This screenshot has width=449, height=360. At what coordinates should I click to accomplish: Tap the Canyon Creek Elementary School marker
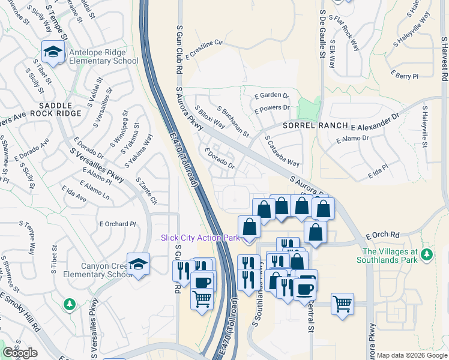[139, 265]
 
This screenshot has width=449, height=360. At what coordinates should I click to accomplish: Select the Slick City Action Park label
[200, 238]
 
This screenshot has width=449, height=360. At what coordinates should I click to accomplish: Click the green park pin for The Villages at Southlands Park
[427, 256]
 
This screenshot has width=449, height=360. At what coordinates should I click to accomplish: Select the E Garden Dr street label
[272, 95]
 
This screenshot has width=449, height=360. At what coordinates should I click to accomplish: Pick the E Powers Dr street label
[272, 109]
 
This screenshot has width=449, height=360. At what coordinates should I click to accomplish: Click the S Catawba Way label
[282, 151]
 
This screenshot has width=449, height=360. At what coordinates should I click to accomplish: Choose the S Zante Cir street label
[146, 190]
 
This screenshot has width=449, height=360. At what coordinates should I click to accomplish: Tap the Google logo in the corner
[20, 353]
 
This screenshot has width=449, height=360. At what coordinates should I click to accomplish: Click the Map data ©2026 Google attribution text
[411, 355]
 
